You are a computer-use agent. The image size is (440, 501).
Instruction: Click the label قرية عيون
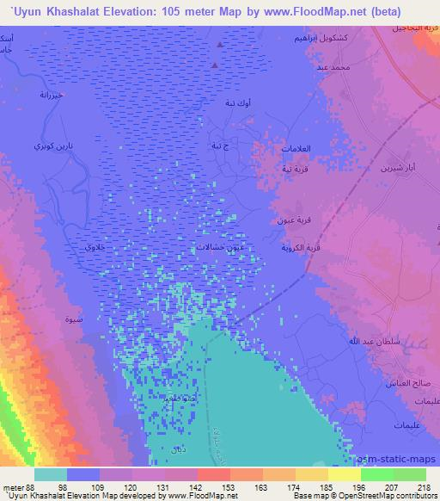[x=291, y=221]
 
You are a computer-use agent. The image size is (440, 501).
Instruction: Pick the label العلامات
[x=296, y=149]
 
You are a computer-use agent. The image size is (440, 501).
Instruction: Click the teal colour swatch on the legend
[x=51, y=473]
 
